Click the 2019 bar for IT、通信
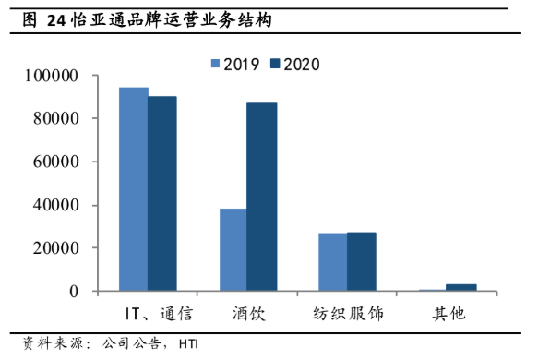(x=134, y=189)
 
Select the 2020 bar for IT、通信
(x=162, y=194)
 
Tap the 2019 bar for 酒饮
(x=233, y=250)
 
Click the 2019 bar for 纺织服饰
(x=333, y=262)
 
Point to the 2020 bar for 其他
(x=461, y=288)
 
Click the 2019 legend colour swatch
(x=215, y=64)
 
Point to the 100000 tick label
(x=50, y=75)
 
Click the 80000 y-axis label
(x=54, y=118)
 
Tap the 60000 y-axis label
(x=54, y=162)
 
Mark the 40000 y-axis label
(x=54, y=205)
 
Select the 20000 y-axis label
(x=54, y=248)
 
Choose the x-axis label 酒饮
(x=248, y=314)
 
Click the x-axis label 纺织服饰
(x=348, y=314)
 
